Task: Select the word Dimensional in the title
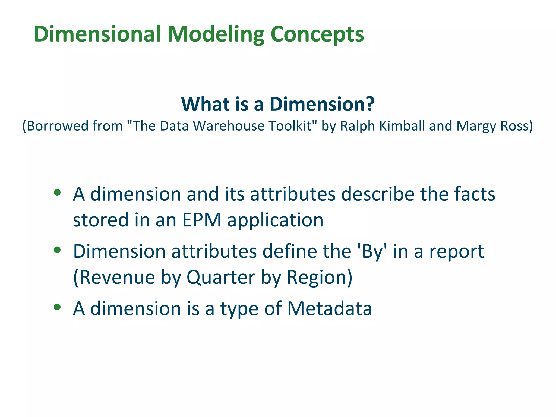click(97, 34)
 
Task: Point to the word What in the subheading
click(205, 104)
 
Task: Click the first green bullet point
click(57, 193)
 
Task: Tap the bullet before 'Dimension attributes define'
click(57, 250)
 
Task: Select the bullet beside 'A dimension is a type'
click(57, 307)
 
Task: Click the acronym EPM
click(202, 220)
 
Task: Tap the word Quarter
click(221, 277)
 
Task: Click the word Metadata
click(330, 309)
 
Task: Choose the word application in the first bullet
click(275, 220)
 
